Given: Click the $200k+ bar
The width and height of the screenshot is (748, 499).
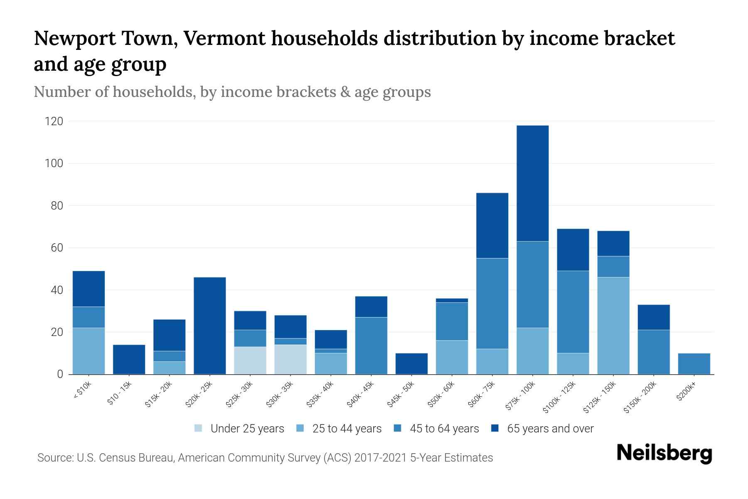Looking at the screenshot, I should [x=694, y=364].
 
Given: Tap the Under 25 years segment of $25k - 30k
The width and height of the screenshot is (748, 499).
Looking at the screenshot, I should [x=250, y=361].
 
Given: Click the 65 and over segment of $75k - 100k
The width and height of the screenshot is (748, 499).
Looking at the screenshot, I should [x=532, y=183].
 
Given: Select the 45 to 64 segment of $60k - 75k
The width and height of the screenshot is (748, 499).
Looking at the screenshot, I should [x=492, y=304].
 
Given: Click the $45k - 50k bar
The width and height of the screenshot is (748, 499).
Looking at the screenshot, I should [x=411, y=364].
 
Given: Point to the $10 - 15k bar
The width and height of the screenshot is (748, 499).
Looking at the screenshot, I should [x=129, y=360].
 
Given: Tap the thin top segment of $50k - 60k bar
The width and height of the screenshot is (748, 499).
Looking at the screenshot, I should [x=452, y=300].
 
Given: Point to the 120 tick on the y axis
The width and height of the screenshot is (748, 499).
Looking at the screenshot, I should [x=54, y=121].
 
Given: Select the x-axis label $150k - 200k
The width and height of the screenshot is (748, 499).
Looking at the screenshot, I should [x=640, y=397].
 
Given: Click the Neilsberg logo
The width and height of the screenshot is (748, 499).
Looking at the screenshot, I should [x=664, y=453].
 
